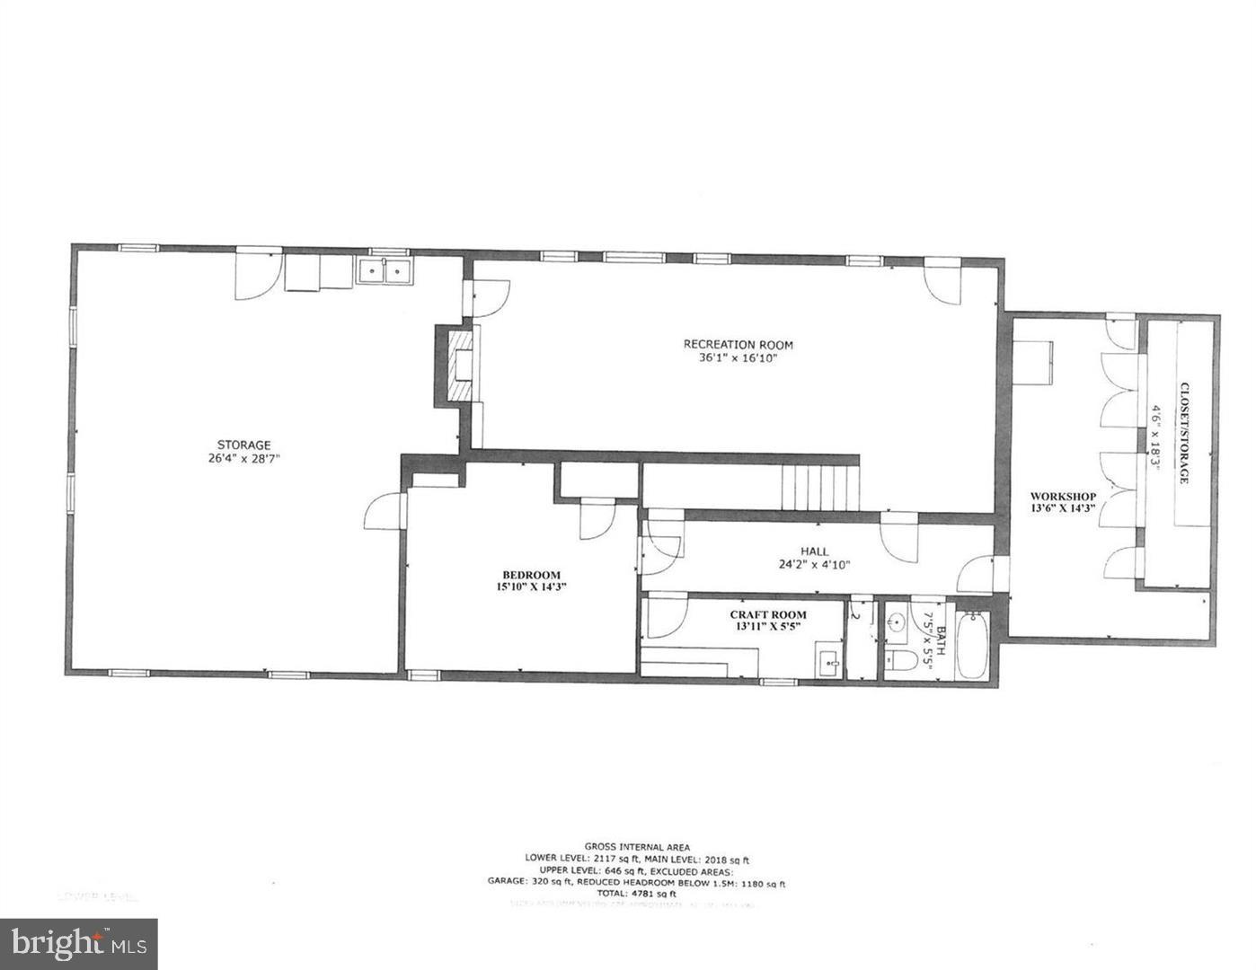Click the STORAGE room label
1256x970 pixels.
243,445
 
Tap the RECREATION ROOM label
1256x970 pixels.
738,344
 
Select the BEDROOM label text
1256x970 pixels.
531,575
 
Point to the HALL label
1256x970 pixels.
815,551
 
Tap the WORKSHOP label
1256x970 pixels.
1062,496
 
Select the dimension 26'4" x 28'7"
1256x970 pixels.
243,459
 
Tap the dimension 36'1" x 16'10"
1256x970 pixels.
738,358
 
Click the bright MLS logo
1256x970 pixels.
79,944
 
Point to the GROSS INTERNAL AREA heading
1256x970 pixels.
637,846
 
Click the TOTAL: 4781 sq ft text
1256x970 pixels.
637,894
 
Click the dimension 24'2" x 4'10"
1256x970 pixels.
815,565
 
